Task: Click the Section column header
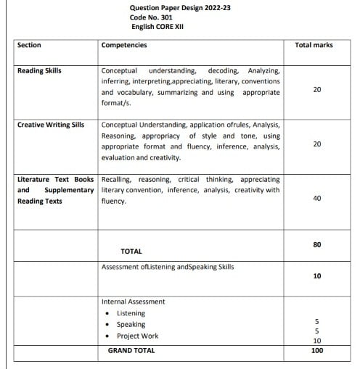[29, 45]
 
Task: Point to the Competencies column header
[124, 45]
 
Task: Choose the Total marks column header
[314, 45]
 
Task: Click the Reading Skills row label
[39, 71]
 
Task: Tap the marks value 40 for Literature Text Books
[316, 198]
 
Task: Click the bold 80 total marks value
[316, 244]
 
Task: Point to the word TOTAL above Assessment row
[131, 252]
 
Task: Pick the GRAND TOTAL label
[131, 350]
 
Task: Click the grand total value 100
[316, 350]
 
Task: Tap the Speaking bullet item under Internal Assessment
[131, 325]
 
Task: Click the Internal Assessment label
[133, 302]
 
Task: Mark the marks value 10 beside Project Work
[316, 341]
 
